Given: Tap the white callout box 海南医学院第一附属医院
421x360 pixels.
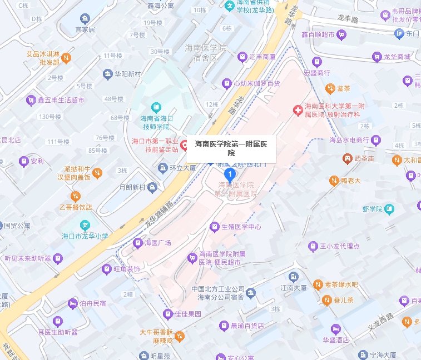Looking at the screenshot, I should click(x=231, y=148).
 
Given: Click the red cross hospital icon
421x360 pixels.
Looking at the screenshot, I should click(x=298, y=111).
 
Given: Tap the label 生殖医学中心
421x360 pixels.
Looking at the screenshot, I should click(x=241, y=227).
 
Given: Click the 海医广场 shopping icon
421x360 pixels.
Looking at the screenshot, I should click(x=137, y=242).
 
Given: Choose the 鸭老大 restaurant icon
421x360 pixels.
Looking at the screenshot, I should click(x=334, y=180).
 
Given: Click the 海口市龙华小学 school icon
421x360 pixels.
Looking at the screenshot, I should click(x=85, y=226).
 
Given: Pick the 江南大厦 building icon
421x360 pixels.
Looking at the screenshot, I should click(x=293, y=277).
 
